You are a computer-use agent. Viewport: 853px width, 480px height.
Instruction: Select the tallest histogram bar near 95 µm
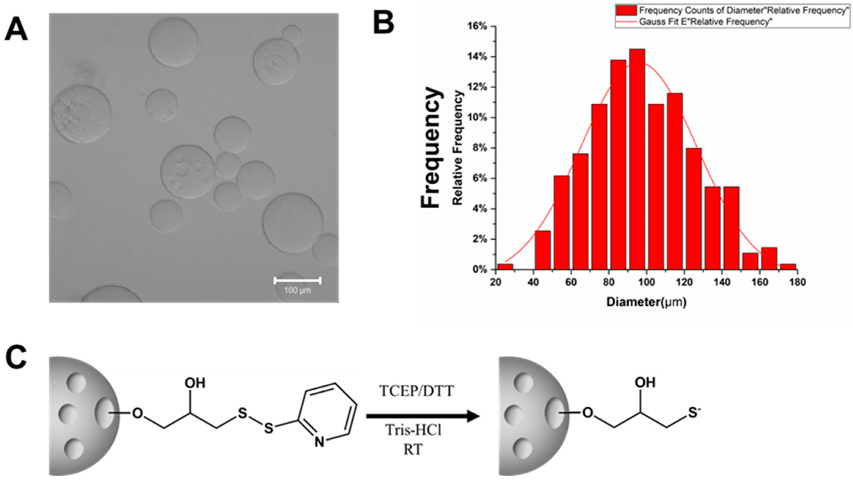(x=637, y=159)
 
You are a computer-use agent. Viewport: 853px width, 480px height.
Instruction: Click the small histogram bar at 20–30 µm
(x=505, y=267)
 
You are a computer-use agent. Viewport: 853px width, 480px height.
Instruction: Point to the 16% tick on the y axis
(x=477, y=26)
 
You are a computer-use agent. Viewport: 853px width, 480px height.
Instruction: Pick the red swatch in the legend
(x=626, y=11)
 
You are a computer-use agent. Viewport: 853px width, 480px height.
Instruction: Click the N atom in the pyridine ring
(x=319, y=442)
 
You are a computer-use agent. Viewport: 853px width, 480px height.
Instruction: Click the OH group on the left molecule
(x=195, y=383)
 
